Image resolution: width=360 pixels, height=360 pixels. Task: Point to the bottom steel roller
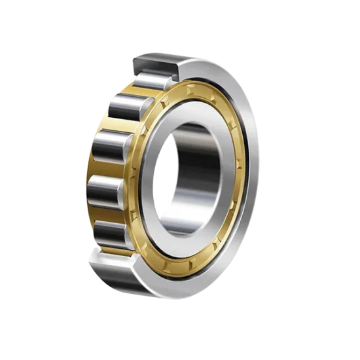tap(113, 232)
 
